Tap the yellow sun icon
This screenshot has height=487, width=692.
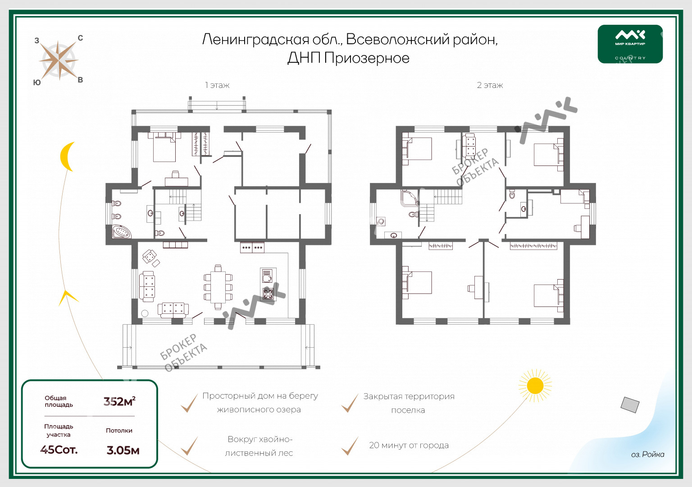535,386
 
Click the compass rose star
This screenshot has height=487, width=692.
59,60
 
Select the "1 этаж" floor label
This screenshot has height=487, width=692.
217,85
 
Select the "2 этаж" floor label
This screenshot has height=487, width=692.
490,85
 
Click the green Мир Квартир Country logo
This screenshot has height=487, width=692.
630,44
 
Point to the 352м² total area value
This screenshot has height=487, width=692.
119,401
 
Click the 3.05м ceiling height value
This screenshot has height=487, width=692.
123,450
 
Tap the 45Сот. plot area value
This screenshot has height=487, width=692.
59,450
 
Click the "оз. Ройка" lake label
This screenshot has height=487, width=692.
647,454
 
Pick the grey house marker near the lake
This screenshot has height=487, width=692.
630,405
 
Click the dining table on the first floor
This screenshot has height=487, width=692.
218,287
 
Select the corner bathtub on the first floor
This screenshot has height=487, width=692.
121,232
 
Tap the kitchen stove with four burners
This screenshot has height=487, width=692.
268,294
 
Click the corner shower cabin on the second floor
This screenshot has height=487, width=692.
410,198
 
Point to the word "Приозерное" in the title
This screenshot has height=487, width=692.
367,58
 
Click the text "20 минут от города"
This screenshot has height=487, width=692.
409,445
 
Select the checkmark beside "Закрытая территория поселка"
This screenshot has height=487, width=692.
350,403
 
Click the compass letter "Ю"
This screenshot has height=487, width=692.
37,83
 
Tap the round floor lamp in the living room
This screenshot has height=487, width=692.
145,313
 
